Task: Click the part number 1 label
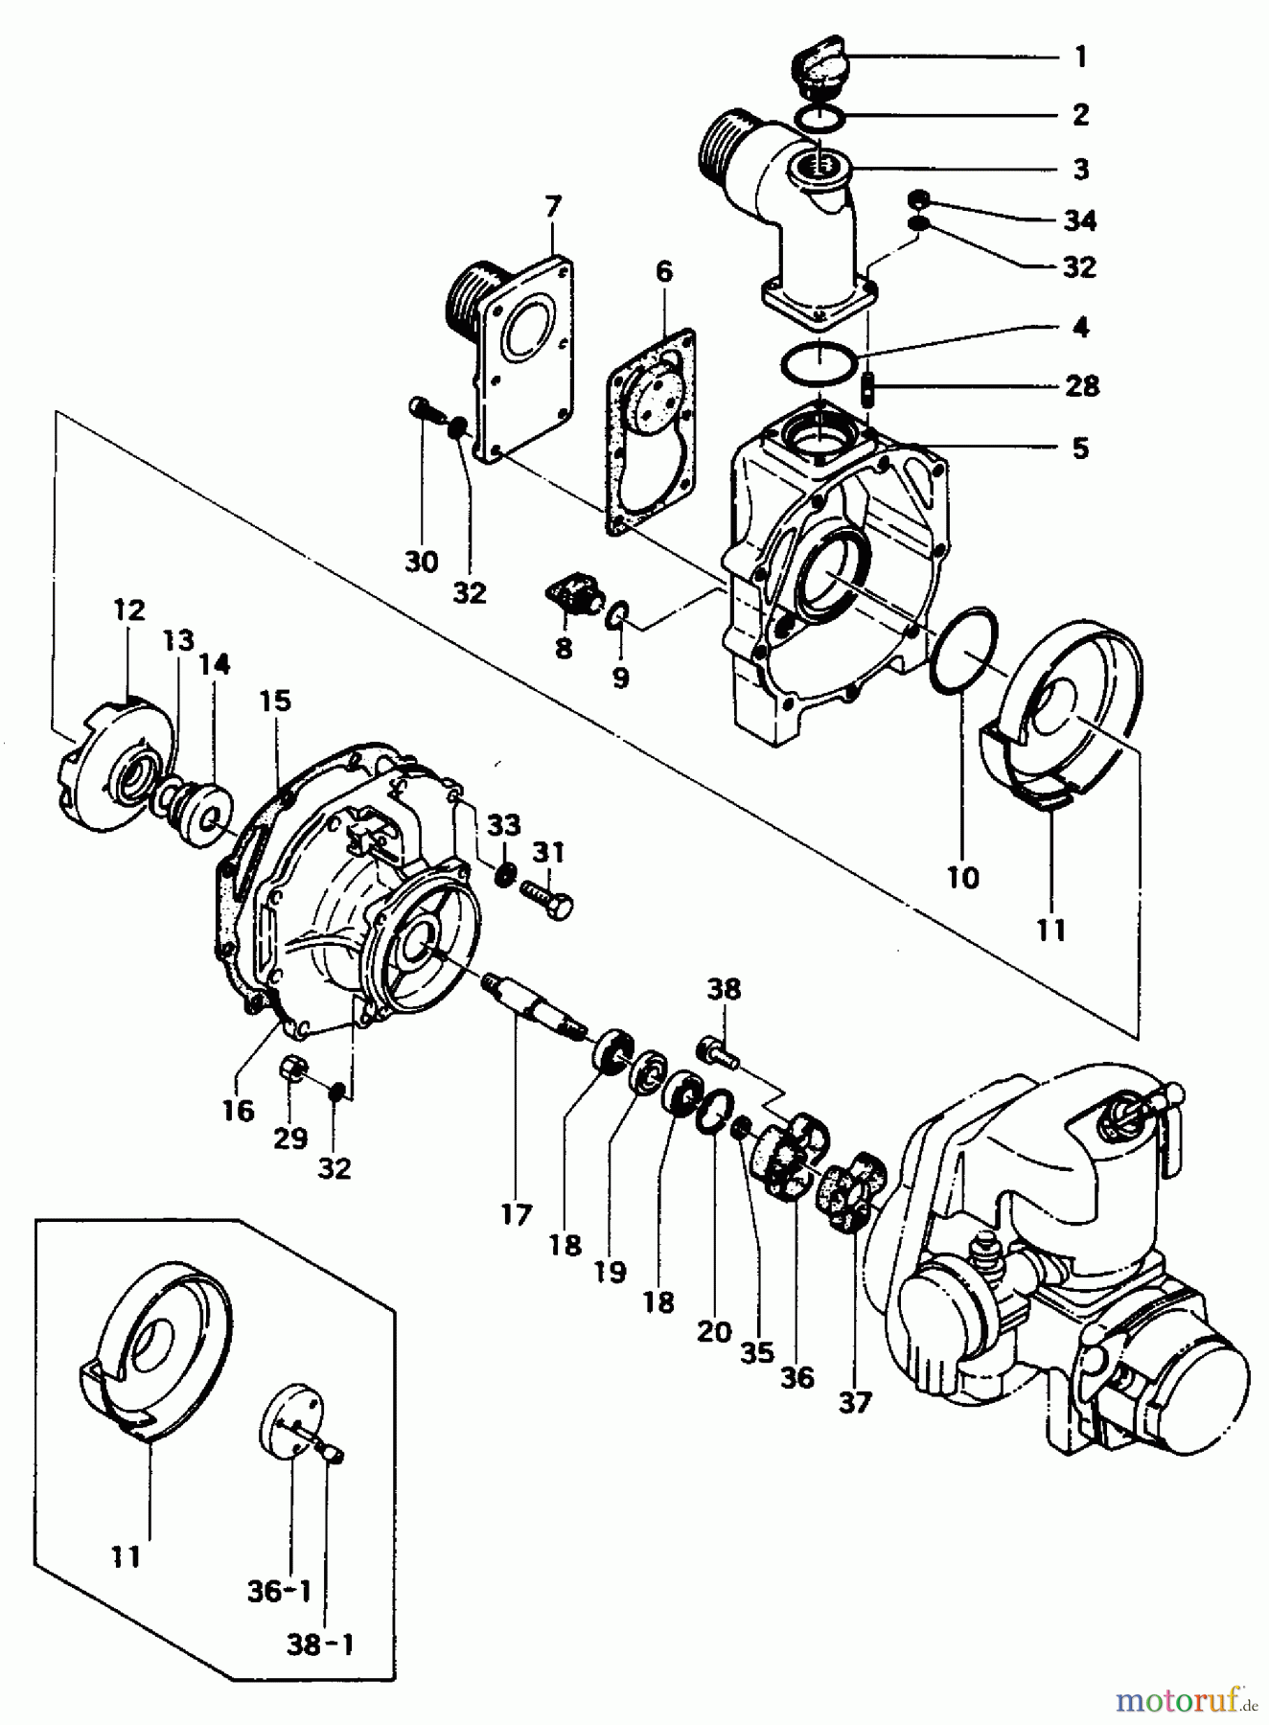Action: tap(1080, 57)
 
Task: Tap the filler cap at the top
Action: tap(818, 71)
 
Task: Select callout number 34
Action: tap(1079, 221)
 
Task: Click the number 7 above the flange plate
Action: tap(553, 207)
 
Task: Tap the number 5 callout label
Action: tap(1080, 448)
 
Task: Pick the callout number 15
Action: tap(274, 701)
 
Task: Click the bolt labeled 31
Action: tap(546, 901)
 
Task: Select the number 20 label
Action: tap(714, 1331)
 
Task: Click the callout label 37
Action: tap(855, 1402)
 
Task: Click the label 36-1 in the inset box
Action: tap(278, 1592)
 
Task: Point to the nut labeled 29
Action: tap(292, 1068)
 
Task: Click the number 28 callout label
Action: tap(1080, 387)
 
